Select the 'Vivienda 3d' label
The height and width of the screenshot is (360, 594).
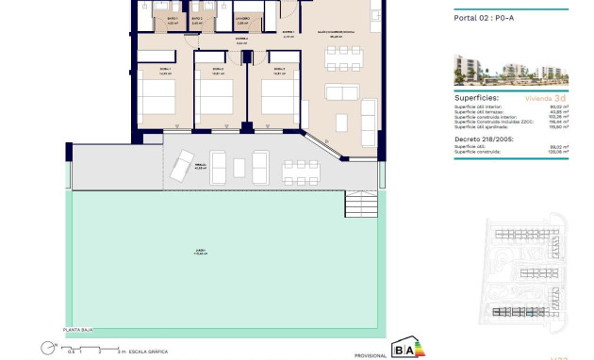click(x=546, y=97)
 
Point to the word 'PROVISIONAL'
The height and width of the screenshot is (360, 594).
click(x=371, y=354)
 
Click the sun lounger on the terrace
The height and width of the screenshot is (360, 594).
click(x=177, y=168)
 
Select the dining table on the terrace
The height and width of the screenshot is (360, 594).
click(x=300, y=171)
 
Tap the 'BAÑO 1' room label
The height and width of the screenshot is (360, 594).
click(x=173, y=18)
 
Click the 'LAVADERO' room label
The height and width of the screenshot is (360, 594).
click(x=242, y=18)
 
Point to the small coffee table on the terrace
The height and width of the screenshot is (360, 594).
click(x=239, y=168)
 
